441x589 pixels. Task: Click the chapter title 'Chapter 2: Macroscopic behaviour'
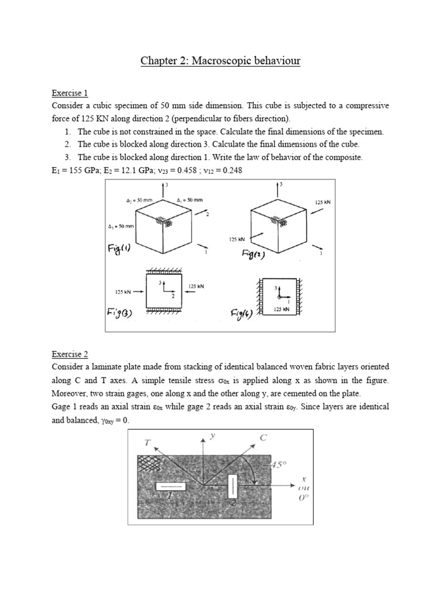pos(220,60)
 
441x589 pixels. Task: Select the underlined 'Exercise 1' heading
pos(69,93)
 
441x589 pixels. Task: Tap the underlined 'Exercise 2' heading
pos(69,354)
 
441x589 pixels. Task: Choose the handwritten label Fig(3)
pos(120,313)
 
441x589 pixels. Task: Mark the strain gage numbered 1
pos(170,487)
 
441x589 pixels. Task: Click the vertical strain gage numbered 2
pos(232,487)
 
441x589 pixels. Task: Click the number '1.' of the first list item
pos(68,132)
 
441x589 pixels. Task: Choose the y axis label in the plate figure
pos(212,437)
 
